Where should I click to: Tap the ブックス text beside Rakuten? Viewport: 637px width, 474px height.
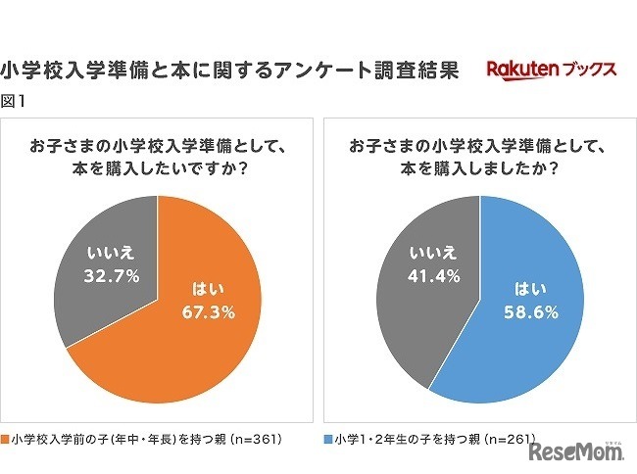[x=588, y=71]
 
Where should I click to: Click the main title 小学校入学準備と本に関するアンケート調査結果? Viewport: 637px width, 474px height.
[x=230, y=71]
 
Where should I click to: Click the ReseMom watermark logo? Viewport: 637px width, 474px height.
[x=578, y=452]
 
